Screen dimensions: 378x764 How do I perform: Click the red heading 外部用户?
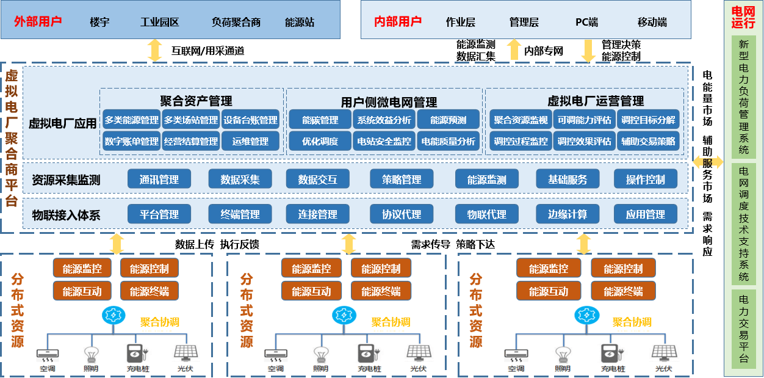[38, 22]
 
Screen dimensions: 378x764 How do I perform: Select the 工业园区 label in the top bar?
[159, 23]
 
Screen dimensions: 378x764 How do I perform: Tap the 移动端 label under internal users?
[652, 23]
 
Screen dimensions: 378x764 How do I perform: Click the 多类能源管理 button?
[131, 120]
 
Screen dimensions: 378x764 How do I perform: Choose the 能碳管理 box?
[320, 120]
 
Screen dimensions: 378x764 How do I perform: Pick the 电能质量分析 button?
[448, 141]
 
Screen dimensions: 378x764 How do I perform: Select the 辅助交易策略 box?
[648, 141]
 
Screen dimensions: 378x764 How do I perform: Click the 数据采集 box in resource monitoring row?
[240, 180]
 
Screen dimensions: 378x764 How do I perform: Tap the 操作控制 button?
[646, 180]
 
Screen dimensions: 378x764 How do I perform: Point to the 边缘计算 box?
[568, 214]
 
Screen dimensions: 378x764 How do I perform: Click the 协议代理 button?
[402, 214]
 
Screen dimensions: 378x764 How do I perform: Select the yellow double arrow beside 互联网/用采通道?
[155, 50]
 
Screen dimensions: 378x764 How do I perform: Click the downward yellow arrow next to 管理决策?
[588, 51]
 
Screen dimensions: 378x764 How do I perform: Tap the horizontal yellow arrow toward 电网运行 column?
[708, 162]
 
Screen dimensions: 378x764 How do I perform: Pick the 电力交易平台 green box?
[743, 329]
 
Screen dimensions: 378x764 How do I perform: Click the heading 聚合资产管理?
[196, 101]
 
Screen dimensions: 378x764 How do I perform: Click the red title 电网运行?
[743, 18]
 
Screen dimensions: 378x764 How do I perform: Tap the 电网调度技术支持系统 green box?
[743, 224]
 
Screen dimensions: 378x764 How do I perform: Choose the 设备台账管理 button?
[250, 120]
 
